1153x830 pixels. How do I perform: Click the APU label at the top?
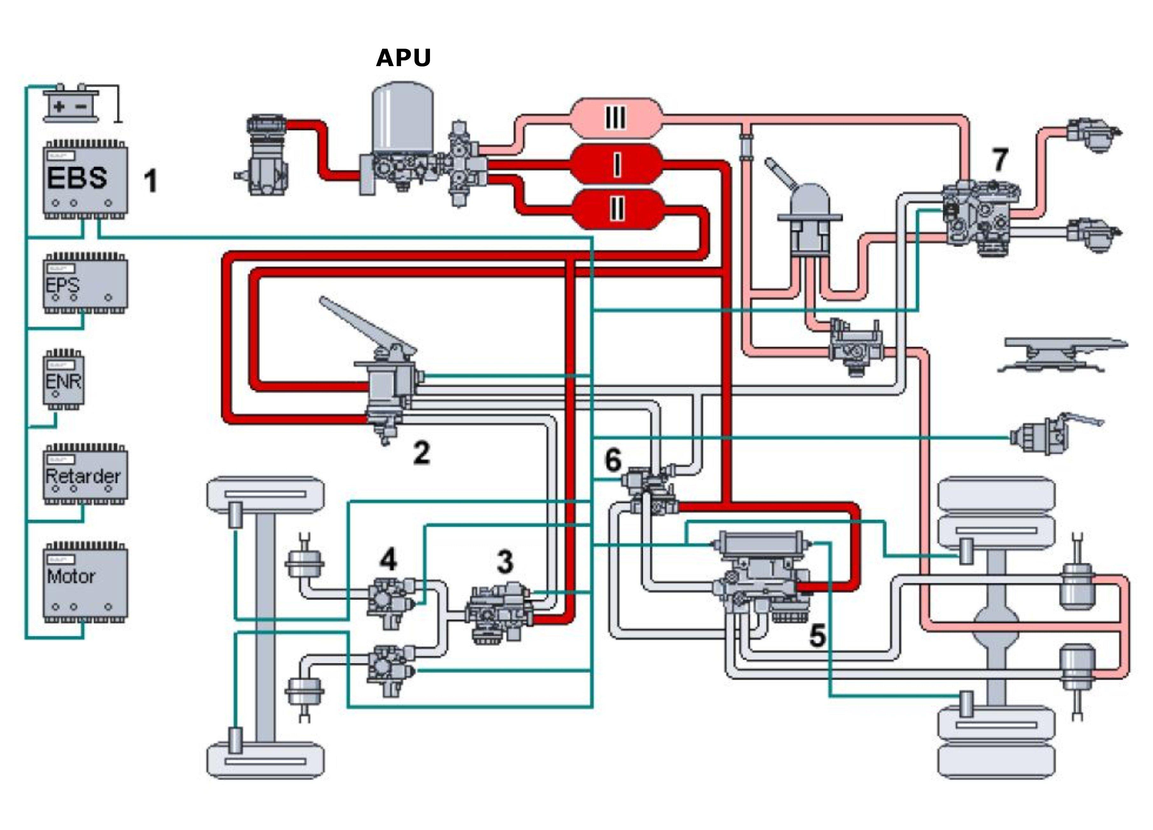click(x=403, y=58)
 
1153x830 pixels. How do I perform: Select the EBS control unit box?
click(x=85, y=179)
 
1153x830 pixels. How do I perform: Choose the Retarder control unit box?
click(x=85, y=475)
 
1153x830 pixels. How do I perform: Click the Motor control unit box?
click(x=85, y=582)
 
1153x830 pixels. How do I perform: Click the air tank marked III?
click(x=616, y=118)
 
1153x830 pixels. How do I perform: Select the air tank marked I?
click(x=616, y=164)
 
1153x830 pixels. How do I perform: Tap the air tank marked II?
click(x=616, y=208)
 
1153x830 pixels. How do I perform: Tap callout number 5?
click(x=817, y=636)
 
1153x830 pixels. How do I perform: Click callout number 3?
click(x=505, y=562)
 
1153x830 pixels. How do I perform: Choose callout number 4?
click(x=388, y=560)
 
